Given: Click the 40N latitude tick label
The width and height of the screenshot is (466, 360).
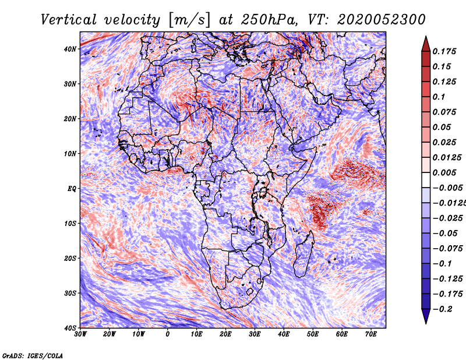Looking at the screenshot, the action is coord(70,49).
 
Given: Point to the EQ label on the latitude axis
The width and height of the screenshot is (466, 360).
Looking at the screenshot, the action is coord(72,189).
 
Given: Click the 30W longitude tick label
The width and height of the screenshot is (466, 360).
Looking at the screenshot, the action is coord(80,334).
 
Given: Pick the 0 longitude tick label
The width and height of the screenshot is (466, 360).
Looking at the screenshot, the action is coord(168,334).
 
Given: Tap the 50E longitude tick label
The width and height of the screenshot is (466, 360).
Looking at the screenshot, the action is coord(313,334).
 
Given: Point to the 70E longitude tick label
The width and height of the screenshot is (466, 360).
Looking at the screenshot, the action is coord(370,334).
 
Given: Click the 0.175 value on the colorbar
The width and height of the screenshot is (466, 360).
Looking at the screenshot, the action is coord(444,52).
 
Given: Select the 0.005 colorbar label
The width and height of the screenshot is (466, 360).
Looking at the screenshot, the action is coord(444,172).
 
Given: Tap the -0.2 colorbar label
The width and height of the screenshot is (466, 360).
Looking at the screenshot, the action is coord(442,309).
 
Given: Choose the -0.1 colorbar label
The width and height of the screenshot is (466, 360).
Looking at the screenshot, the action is coord(442,264).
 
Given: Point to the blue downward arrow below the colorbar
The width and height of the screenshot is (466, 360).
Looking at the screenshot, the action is coord(426,316).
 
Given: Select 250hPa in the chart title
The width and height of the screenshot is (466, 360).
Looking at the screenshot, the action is coord(269,20).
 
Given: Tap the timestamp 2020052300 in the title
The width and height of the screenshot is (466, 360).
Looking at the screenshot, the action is coord(381,20).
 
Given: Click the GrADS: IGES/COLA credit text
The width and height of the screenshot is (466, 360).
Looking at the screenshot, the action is coord(33,356).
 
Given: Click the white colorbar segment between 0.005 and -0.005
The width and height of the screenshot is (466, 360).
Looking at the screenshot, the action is coord(426,180).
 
